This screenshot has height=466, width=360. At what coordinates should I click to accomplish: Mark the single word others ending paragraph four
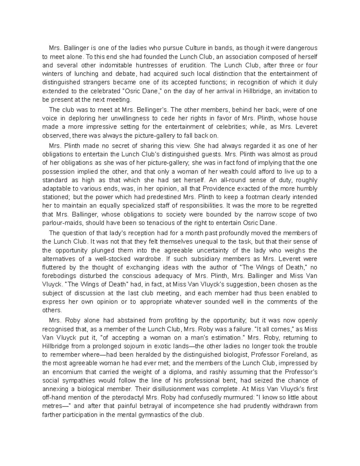(52, 310)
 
